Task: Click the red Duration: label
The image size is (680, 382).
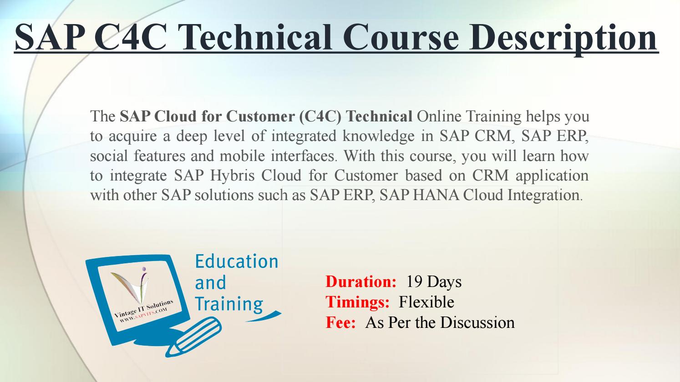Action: (x=361, y=282)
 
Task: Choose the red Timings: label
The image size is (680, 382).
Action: (x=357, y=302)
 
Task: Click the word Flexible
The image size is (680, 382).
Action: (x=426, y=302)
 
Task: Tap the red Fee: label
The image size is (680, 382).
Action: (x=340, y=322)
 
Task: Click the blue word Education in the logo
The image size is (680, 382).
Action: (x=236, y=261)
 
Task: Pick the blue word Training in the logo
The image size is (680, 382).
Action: (x=229, y=304)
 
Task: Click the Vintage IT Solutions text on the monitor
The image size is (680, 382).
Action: (x=142, y=310)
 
